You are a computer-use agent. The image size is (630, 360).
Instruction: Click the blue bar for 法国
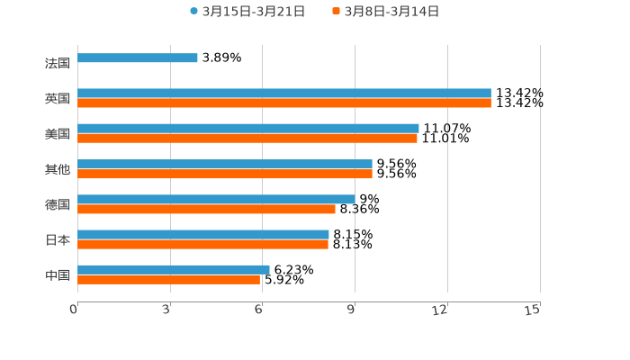138,58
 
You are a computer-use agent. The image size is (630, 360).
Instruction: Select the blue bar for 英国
284,93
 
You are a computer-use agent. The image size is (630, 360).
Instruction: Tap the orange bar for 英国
284,103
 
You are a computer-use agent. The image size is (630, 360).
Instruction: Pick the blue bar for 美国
248,128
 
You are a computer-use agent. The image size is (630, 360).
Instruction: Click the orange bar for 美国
247,139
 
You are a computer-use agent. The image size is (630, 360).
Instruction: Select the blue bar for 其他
225,164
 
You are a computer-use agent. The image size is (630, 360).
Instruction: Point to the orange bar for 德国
206,209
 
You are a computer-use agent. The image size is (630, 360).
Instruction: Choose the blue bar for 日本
203,234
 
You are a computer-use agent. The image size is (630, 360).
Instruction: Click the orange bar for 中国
169,280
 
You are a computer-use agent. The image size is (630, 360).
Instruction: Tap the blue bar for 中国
174,269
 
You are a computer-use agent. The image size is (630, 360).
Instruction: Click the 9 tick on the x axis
354,310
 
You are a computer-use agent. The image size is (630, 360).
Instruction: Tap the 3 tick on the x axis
168,310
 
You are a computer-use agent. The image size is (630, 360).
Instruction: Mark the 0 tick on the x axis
74,310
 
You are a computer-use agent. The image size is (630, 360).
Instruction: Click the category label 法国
57,64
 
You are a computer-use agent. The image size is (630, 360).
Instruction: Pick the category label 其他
57,169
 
